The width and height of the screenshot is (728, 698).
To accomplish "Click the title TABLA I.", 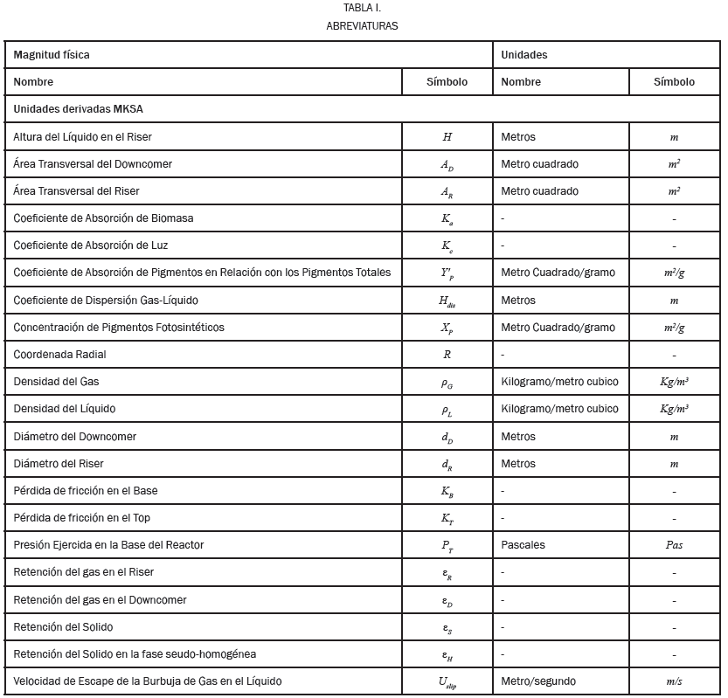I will click(362, 8).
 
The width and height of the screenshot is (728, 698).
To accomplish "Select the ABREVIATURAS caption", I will click(362, 25).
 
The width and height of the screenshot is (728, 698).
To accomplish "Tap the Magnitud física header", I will click(52, 55).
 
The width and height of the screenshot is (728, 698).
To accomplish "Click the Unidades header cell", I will click(524, 55).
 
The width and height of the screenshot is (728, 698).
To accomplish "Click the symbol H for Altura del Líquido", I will click(447, 137).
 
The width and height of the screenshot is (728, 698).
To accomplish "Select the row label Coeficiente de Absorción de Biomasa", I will click(103, 218).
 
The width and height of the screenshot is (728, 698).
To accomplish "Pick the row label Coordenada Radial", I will click(60, 355).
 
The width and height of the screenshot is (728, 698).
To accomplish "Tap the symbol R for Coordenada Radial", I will click(447, 355).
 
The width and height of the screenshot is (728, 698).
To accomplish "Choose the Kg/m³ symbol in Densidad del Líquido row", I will click(674, 409).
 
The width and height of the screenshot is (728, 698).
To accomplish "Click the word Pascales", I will click(523, 545).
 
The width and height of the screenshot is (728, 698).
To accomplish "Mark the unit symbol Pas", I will click(674, 545).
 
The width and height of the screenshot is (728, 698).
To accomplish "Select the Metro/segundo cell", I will click(538, 681).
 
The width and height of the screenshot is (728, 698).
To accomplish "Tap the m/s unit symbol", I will click(674, 681).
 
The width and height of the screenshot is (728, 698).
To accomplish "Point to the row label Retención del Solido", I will click(63, 627).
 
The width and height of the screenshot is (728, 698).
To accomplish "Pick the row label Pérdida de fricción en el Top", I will click(82, 518).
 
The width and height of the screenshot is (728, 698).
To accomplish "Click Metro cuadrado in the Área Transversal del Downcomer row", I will click(539, 164).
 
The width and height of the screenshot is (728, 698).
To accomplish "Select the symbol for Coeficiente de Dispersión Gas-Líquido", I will click(447, 301).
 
